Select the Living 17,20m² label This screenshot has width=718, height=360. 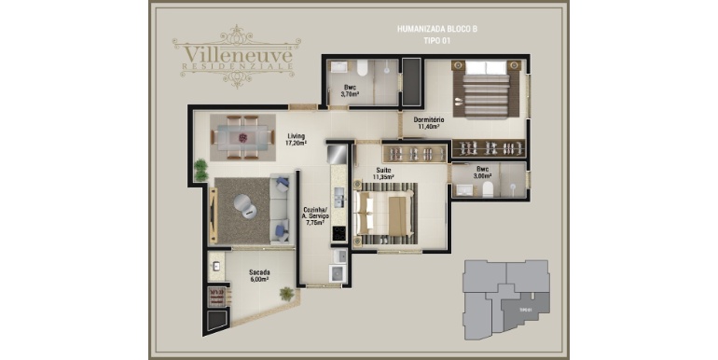[295, 140]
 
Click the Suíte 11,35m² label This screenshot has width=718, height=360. [382, 173]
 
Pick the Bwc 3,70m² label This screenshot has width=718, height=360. [350, 90]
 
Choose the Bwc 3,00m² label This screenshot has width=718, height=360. [481, 173]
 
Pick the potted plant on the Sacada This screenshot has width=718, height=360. [285, 294]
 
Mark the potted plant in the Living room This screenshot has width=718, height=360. [200, 170]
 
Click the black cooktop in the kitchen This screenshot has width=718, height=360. [339, 229]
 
